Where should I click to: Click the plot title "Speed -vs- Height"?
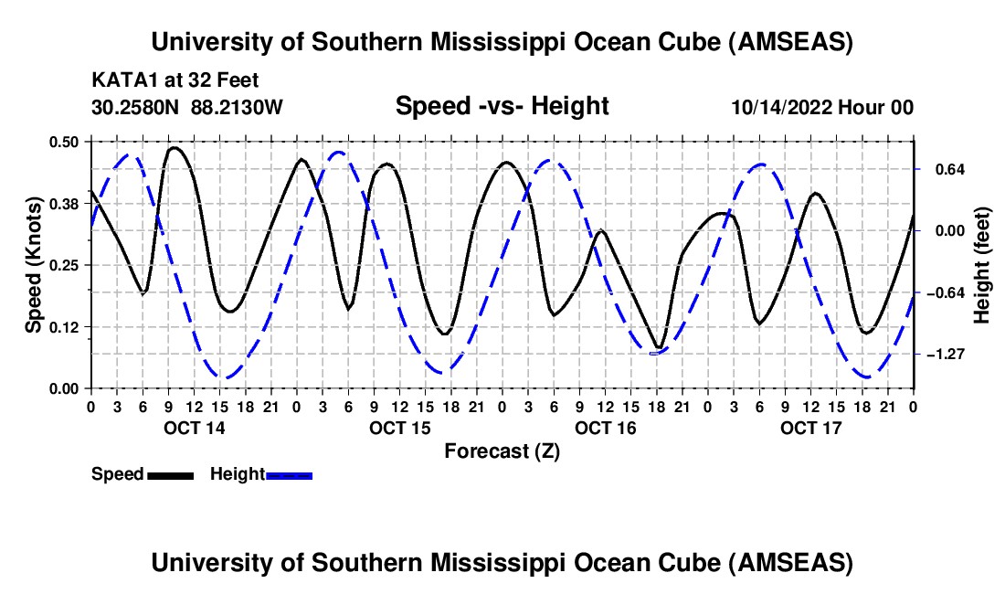[x=502, y=106]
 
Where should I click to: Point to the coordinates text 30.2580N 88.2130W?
[x=187, y=107]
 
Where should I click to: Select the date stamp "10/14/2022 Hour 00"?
[x=822, y=107]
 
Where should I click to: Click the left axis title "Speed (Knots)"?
[x=33, y=264]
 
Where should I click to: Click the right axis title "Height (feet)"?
[x=982, y=264]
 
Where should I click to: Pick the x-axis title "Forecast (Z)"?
[x=502, y=451]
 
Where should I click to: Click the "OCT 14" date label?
[x=193, y=428]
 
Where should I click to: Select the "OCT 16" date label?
[x=604, y=428]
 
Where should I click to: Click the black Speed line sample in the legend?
[x=170, y=475]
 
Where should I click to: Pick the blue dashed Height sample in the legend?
[x=289, y=475]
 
